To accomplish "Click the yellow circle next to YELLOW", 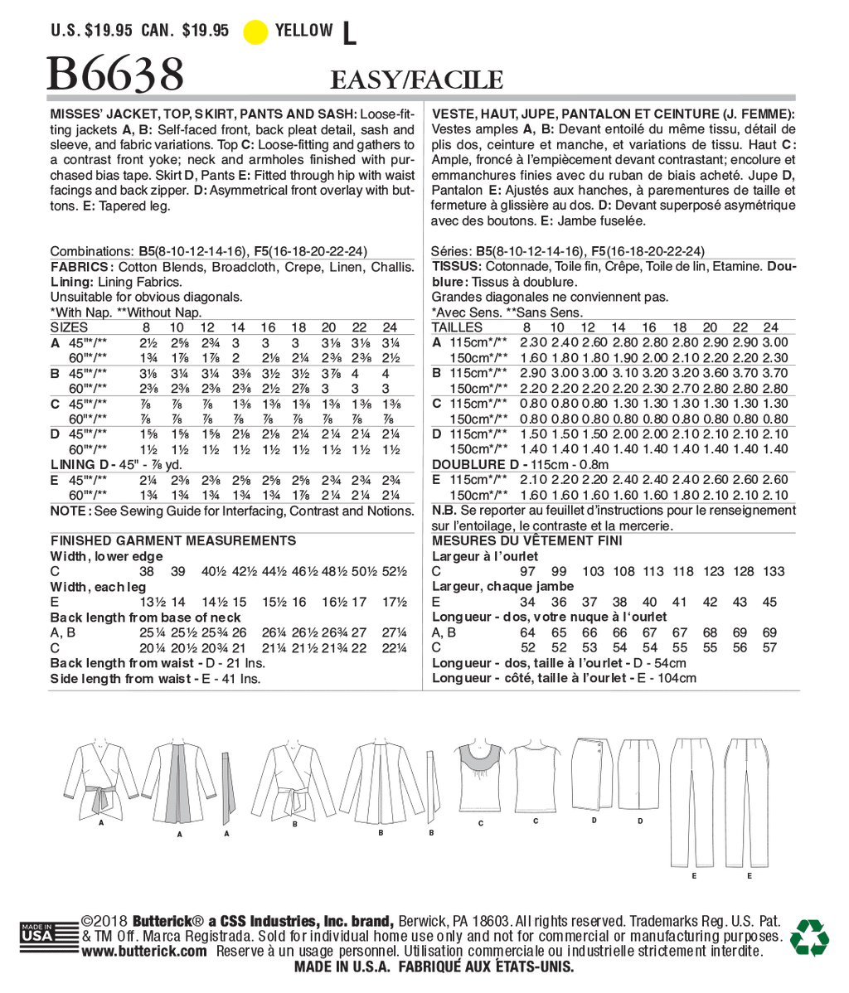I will click(255, 31).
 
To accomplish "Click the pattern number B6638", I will click(115, 75).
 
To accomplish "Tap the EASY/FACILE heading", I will click(416, 80).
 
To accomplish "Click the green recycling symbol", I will click(808, 937).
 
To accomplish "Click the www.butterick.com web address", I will click(145, 952).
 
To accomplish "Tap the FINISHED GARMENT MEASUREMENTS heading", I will click(173, 540).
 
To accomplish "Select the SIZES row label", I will click(69, 327).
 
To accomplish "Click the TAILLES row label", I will click(457, 327).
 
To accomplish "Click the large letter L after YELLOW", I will click(348, 33).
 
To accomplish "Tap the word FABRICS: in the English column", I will click(81, 267).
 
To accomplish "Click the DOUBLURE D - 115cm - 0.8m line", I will click(520, 465).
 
